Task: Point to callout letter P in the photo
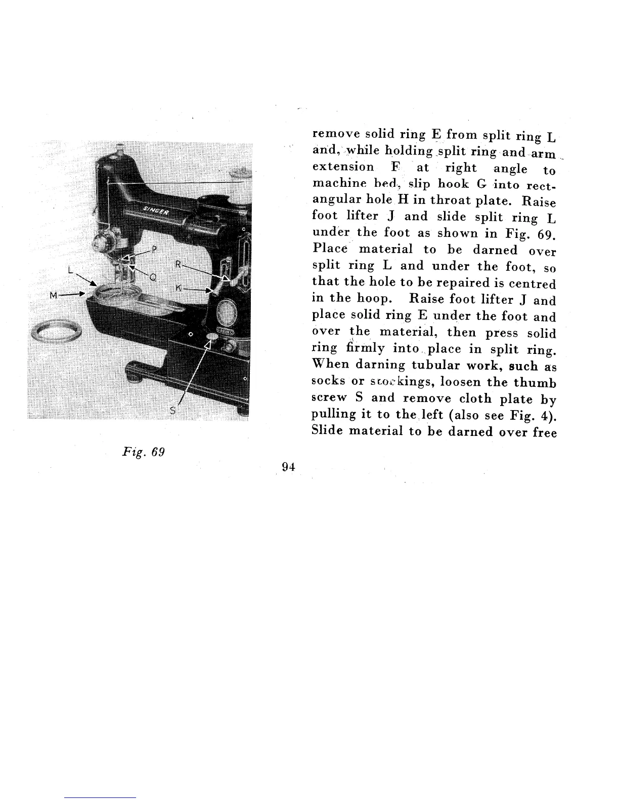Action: point(154,250)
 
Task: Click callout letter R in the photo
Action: point(178,264)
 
